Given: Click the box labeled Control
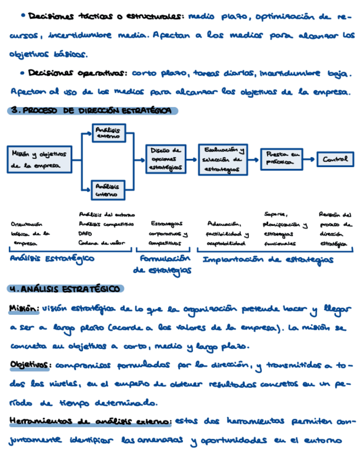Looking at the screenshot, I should [335, 159].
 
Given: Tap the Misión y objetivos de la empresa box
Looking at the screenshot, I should [38, 159].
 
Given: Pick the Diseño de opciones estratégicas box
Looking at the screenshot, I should [165, 158].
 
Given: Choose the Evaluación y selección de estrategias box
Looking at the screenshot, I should [222, 159].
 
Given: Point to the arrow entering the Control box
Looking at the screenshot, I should [311, 159].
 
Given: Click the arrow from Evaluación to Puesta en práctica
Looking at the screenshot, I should [253, 159].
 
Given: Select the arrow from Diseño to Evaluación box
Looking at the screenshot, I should [192, 159].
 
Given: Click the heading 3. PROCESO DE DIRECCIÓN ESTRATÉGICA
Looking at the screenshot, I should [93, 111].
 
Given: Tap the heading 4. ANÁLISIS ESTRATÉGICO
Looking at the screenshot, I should [66, 289].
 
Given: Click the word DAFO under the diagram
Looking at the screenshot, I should [86, 232].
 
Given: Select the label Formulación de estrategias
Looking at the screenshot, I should [162, 264].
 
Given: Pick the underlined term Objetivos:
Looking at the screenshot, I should [31, 365].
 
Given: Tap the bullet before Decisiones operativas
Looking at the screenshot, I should [21, 73].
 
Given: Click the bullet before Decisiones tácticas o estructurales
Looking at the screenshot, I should [21, 16].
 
